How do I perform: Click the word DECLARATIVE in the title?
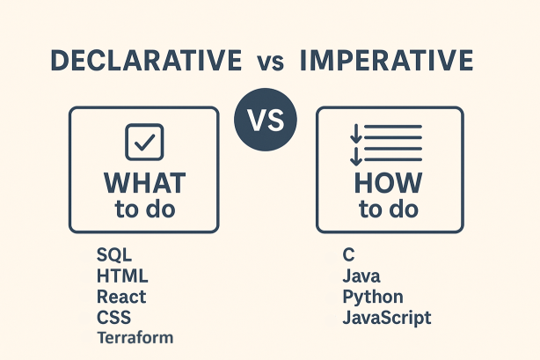(146, 61)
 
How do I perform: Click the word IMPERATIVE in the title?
(386, 61)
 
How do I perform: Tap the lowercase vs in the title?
(271, 62)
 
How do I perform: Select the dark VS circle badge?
(266, 120)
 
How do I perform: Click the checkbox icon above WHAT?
(143, 142)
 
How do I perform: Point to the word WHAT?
(144, 183)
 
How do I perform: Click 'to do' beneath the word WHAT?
(144, 210)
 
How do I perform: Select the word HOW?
(388, 183)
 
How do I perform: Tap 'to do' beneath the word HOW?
(388, 210)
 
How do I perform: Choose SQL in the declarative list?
(113, 256)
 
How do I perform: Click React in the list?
(121, 297)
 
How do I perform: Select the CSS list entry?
(113, 317)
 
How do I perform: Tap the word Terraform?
(135, 337)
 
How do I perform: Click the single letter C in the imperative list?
(348, 256)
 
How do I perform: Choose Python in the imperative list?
(373, 298)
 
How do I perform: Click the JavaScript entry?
(387, 318)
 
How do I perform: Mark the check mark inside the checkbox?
(144, 141)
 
